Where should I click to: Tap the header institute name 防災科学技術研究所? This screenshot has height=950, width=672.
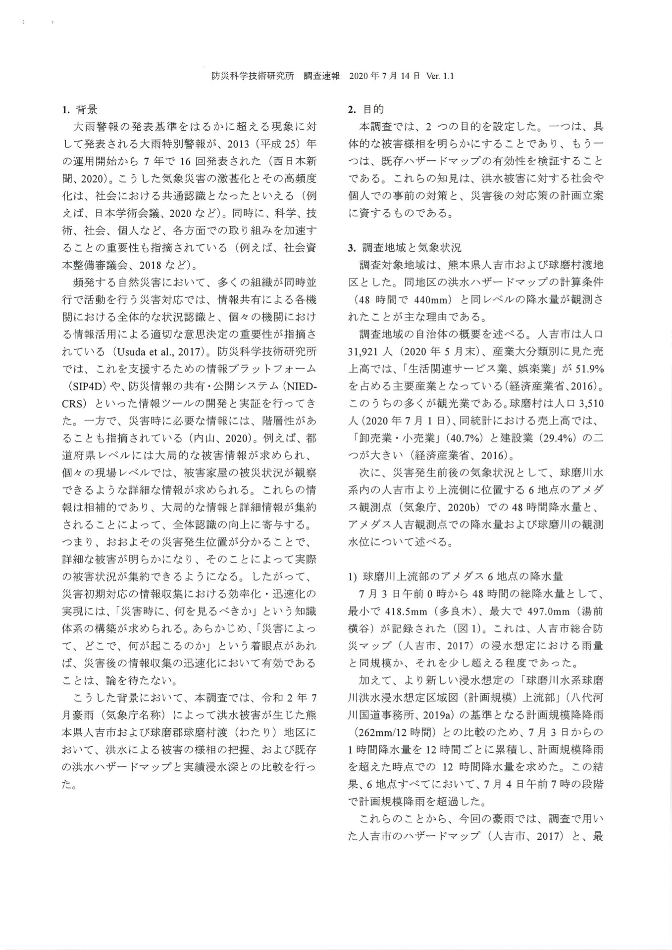253,76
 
